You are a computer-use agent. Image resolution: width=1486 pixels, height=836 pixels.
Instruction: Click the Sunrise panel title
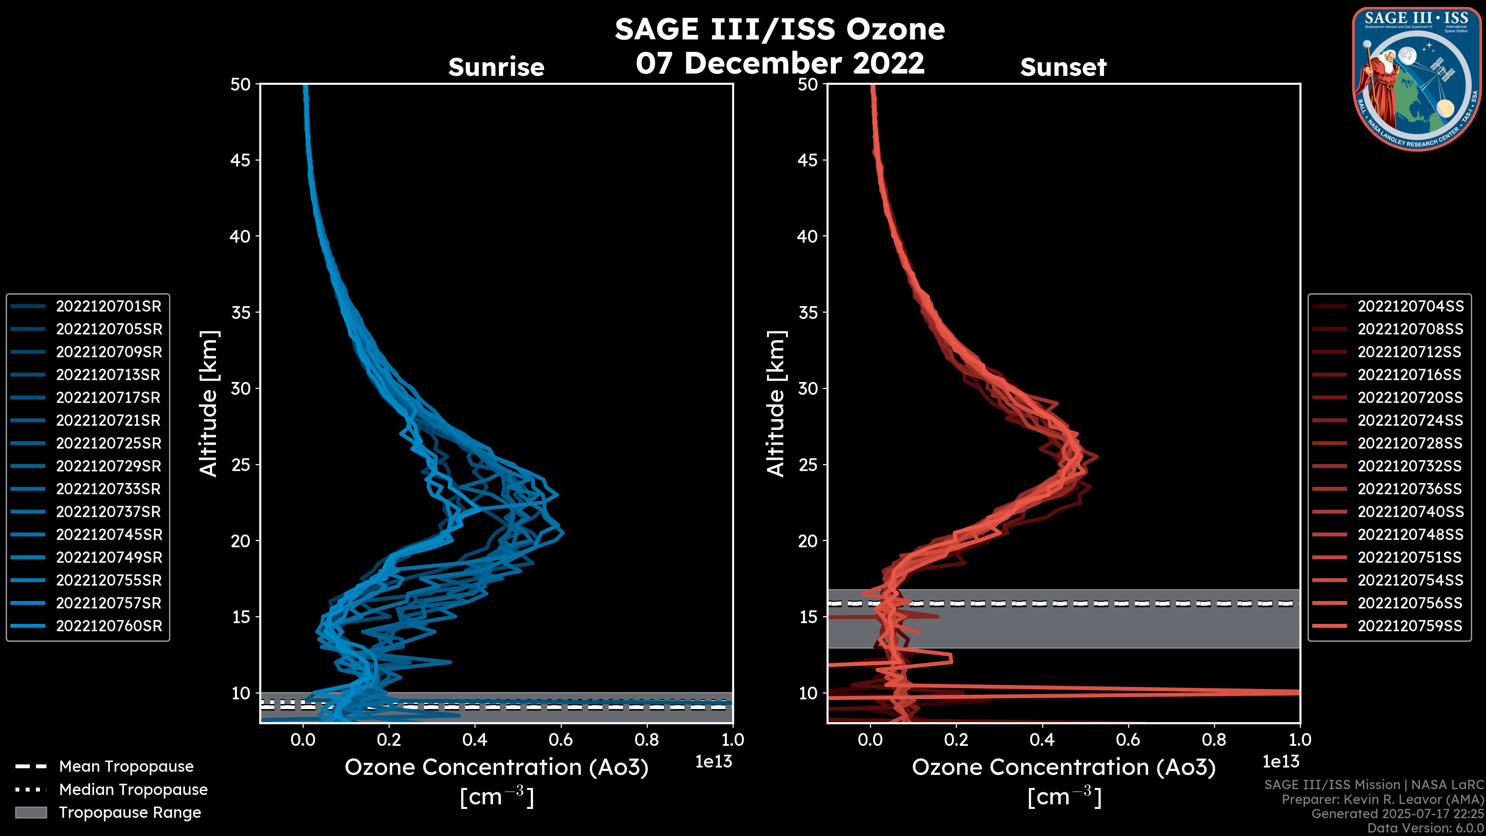pyautogui.click(x=496, y=67)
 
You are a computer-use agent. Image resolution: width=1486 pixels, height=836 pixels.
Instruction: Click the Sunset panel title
pyautogui.click(x=1063, y=67)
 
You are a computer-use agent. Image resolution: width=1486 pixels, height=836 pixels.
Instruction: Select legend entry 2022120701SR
pyautogui.click(x=108, y=307)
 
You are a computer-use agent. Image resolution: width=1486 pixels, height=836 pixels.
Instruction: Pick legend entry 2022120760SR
pyautogui.click(x=108, y=626)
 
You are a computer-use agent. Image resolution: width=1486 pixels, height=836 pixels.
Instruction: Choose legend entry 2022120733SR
pyautogui.click(x=108, y=489)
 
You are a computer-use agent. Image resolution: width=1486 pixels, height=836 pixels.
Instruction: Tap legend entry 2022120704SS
pyautogui.click(x=1410, y=307)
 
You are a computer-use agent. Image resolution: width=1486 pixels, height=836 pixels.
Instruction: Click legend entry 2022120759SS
pyautogui.click(x=1410, y=626)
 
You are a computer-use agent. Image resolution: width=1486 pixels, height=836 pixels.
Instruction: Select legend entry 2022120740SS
pyautogui.click(x=1410, y=512)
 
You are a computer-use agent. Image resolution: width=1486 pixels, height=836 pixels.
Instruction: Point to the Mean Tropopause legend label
pyautogui.click(x=126, y=767)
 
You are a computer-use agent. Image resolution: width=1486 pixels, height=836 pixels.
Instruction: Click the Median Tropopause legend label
pyautogui.click(x=133, y=790)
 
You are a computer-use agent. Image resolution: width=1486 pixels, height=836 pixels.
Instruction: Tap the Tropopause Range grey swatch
pyautogui.click(x=31, y=813)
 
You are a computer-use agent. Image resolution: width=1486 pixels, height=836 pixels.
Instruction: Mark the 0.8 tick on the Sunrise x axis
pyautogui.click(x=646, y=740)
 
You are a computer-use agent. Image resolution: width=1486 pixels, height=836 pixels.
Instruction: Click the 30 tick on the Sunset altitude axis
pyautogui.click(x=808, y=389)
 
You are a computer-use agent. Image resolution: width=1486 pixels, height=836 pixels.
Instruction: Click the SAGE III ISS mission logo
pyautogui.click(x=1415, y=79)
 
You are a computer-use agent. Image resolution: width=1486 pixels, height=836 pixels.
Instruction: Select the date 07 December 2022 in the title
pyautogui.click(x=780, y=63)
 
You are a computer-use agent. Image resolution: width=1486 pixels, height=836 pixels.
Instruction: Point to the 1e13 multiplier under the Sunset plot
pyautogui.click(x=1281, y=762)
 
